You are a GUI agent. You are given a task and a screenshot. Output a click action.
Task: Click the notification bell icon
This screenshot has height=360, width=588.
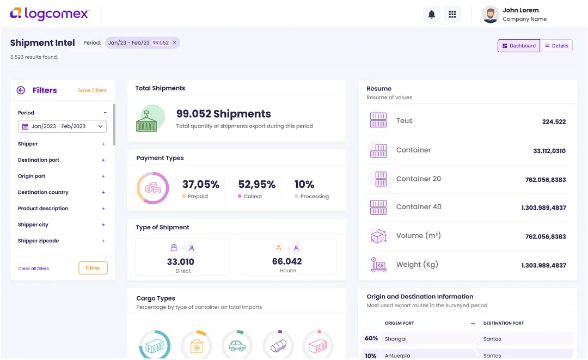[x=432, y=15]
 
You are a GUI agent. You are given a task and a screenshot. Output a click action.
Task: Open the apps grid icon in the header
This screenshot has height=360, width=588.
[x=452, y=15]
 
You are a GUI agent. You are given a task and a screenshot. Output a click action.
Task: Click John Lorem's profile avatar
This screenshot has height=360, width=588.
[x=490, y=15]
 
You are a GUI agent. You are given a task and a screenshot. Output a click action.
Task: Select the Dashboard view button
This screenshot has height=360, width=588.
[x=519, y=46]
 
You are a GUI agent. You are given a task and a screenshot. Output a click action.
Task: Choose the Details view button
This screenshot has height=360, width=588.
[x=556, y=46]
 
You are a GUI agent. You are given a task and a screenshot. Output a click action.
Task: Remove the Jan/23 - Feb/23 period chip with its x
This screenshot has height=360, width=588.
[x=174, y=43]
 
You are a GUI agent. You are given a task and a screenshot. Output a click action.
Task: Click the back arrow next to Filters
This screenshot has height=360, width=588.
[x=21, y=90]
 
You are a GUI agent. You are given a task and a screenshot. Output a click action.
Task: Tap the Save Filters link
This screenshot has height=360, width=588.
[x=92, y=90]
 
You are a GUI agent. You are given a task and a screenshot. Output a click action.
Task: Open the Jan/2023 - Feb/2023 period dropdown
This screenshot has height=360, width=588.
[x=62, y=126]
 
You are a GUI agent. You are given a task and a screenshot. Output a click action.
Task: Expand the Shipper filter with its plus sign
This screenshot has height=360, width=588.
[x=103, y=144]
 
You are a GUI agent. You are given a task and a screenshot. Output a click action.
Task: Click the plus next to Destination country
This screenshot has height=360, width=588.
[x=103, y=192]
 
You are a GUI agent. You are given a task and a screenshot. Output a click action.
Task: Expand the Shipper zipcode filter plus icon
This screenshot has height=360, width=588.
[x=103, y=241]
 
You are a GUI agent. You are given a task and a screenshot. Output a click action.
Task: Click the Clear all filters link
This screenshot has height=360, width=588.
[x=34, y=269]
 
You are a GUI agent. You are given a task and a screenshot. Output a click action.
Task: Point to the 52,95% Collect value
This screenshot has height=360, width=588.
[x=257, y=185]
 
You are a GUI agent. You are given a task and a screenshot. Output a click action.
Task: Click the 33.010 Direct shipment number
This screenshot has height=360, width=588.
[x=181, y=262]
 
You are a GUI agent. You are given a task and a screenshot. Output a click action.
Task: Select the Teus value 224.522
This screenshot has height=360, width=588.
[x=554, y=122]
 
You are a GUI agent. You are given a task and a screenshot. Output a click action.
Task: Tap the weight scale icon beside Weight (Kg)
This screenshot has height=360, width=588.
[x=378, y=265]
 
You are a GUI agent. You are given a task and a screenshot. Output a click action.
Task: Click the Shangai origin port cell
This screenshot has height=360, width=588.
[x=395, y=339]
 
